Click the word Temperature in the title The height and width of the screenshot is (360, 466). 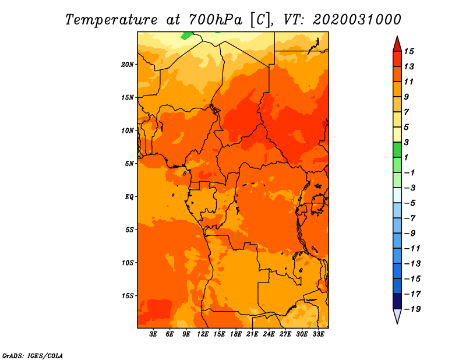click(x=111, y=20)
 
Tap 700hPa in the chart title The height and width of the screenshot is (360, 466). click(x=215, y=20)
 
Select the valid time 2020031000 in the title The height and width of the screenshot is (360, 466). click(x=357, y=20)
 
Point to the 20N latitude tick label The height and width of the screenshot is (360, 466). click(x=128, y=65)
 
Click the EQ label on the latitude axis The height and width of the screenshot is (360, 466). click(x=129, y=197)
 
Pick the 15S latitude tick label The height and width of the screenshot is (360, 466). click(x=128, y=296)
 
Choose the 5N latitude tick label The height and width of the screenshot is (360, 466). click(x=129, y=164)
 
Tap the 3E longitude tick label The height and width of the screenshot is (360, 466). click(x=153, y=334)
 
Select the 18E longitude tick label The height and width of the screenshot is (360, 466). click(x=236, y=334)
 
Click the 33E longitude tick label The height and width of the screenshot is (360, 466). click(x=318, y=334)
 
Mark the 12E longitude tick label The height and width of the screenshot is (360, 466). click(x=203, y=334)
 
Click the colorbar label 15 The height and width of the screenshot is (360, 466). click(x=409, y=51)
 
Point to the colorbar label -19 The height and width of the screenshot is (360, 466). click(x=412, y=309)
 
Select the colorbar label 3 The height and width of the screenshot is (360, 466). click(x=407, y=142)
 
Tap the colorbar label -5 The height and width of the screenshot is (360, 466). click(x=410, y=203)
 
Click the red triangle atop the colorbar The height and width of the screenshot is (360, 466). click(x=397, y=45)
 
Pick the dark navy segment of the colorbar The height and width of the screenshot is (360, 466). click(x=397, y=301)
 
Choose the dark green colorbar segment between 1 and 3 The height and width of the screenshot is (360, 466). click(x=397, y=150)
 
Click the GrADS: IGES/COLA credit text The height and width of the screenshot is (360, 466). click(x=33, y=356)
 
